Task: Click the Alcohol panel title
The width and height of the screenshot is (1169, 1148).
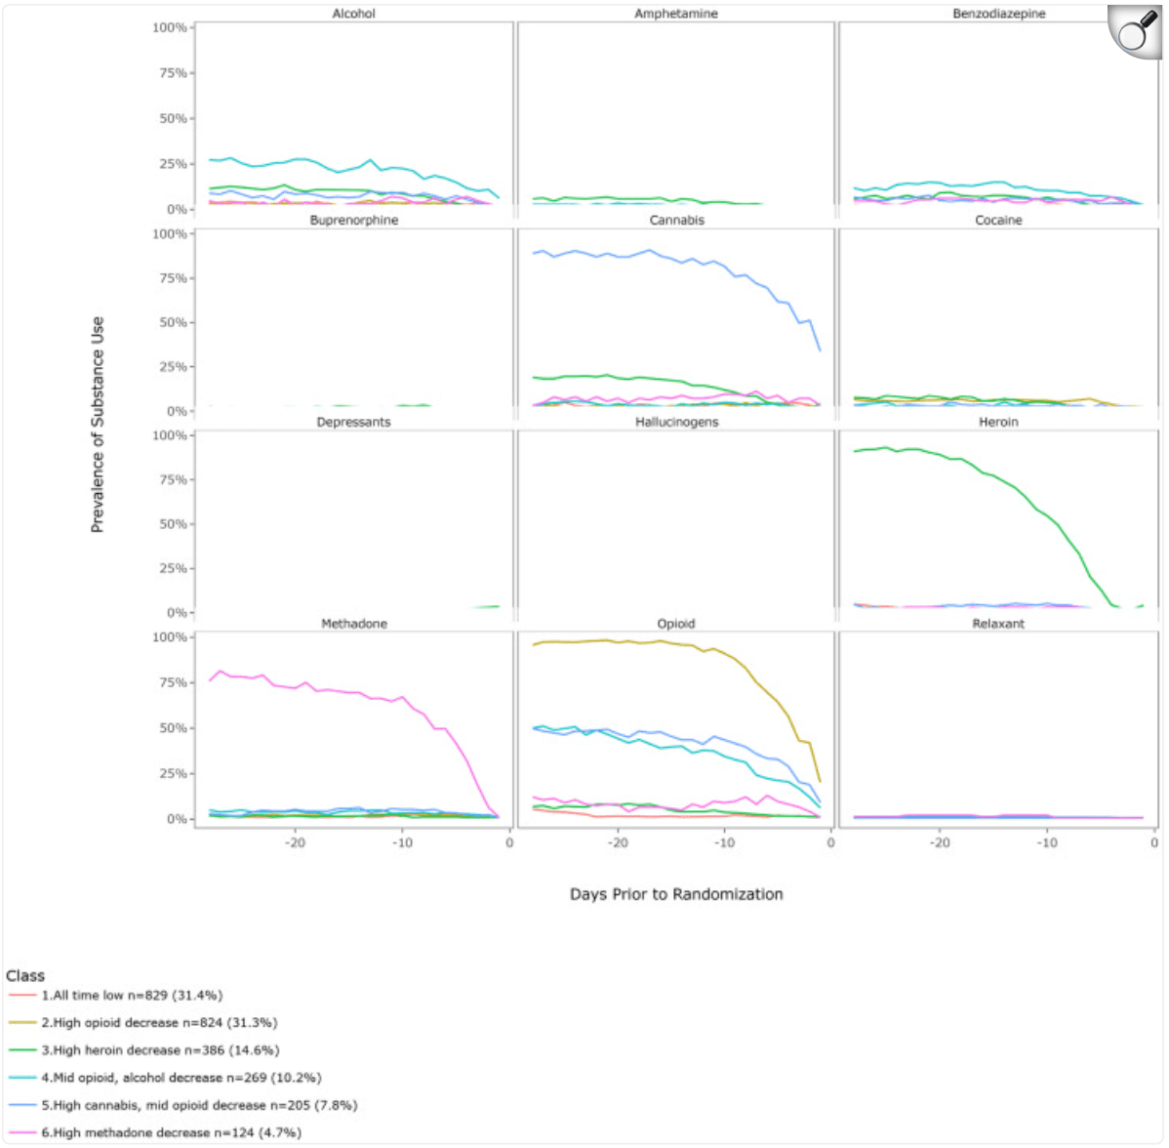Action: (353, 14)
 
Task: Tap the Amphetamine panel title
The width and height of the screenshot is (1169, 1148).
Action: (676, 14)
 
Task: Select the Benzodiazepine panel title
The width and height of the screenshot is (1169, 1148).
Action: (998, 14)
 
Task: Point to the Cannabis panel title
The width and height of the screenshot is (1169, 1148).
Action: (676, 221)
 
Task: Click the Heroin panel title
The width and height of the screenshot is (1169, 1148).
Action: (998, 422)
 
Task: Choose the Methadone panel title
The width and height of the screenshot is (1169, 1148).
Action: (353, 624)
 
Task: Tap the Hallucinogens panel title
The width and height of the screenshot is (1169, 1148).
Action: (676, 422)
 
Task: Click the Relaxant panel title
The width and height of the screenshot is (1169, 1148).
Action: (998, 624)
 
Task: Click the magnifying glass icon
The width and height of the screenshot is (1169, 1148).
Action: (1134, 31)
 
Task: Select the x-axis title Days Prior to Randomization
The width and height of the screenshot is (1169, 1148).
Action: (676, 894)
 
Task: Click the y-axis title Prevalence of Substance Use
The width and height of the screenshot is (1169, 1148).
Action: (98, 425)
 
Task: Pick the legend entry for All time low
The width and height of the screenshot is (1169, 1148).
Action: (132, 996)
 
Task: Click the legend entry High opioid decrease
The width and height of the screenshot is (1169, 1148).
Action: (159, 1023)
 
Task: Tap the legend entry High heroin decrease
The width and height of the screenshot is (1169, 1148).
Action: (160, 1050)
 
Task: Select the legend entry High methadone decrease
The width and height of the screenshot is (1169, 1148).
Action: (171, 1132)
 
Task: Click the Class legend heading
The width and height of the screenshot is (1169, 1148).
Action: (25, 975)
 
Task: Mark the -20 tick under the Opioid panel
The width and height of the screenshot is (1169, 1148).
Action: (618, 842)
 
